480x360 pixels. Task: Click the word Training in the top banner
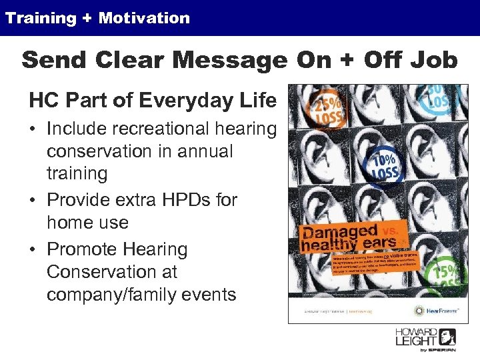pyautogui.click(x=41, y=18)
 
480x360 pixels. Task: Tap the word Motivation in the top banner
pyautogui.click(x=144, y=18)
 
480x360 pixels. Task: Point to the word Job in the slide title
pyautogui.click(x=433, y=61)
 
